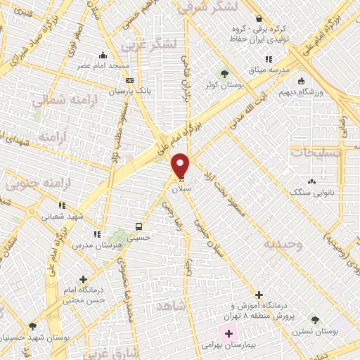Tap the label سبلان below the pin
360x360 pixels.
(181, 188)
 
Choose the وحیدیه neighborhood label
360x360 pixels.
(283, 244)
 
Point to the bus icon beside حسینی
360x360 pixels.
(139, 227)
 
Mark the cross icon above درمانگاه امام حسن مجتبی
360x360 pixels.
(84, 280)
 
